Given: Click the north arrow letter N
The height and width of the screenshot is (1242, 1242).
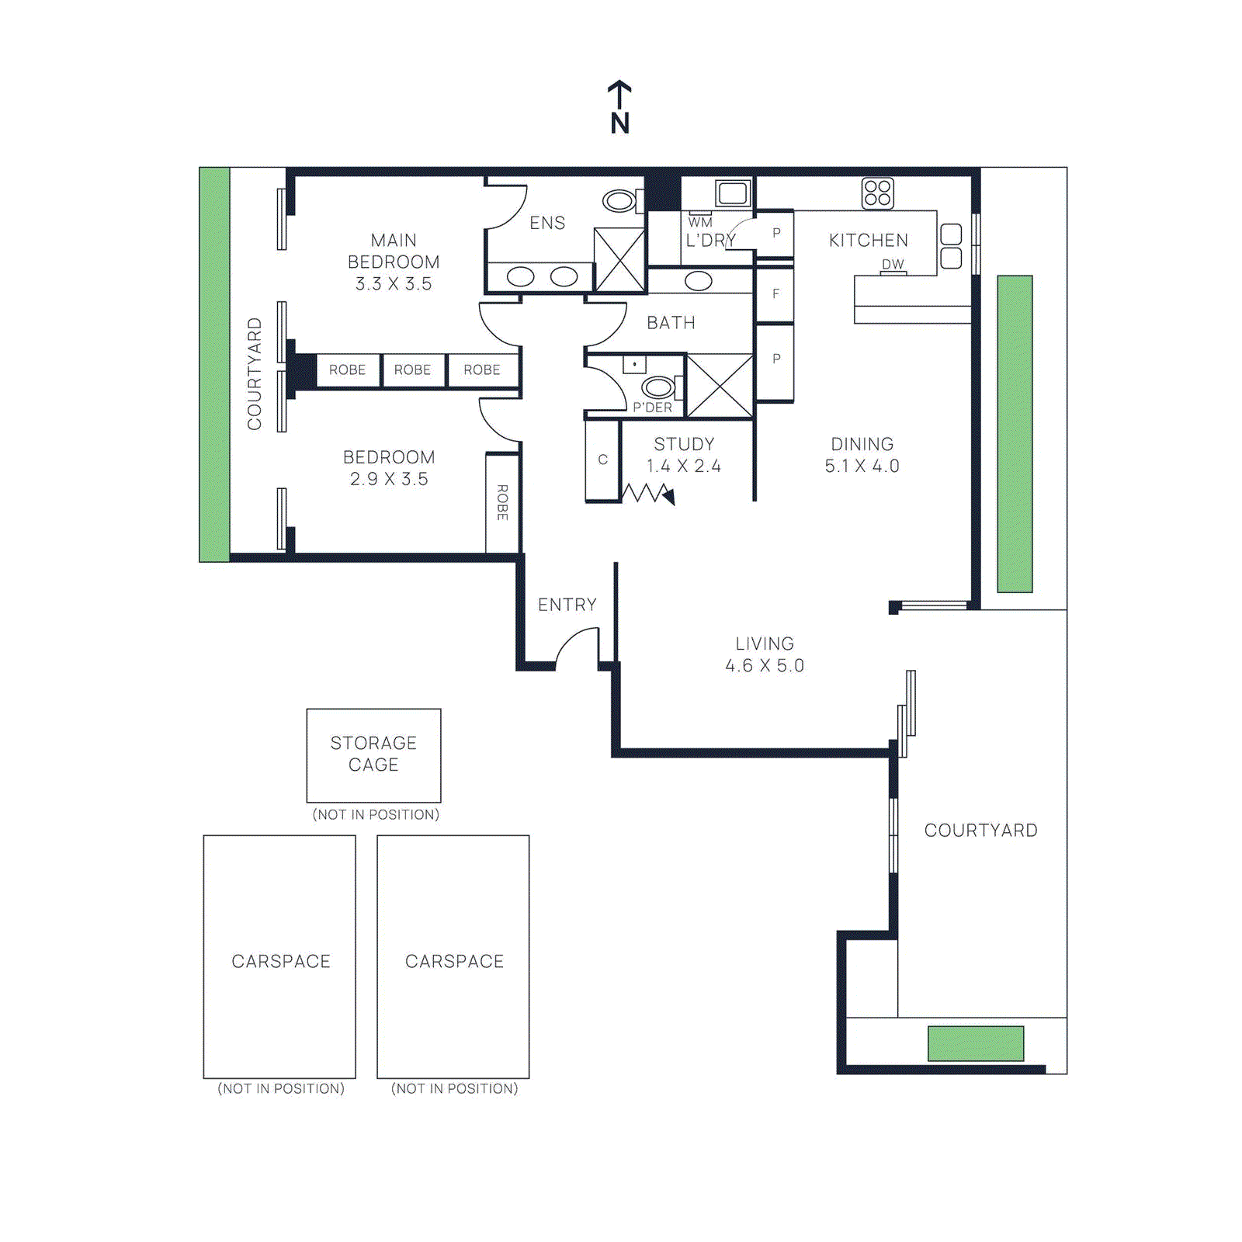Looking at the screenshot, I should point(619,123).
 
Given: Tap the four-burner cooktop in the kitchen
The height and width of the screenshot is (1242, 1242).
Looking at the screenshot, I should point(877,193).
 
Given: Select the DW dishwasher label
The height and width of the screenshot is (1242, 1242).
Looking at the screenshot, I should point(893,264).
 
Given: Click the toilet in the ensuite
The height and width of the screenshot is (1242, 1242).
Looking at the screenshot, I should point(620,201).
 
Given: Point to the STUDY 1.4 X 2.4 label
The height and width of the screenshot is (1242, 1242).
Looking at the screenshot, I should point(683,455).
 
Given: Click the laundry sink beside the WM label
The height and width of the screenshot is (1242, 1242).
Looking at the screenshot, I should point(732,193).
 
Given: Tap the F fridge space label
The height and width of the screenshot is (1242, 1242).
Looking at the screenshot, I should point(775,294).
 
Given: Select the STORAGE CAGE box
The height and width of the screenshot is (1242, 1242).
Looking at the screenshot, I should point(373,755).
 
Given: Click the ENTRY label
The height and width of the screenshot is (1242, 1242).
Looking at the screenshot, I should point(567,605).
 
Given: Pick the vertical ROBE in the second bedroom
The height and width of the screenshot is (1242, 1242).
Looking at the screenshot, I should point(502,502).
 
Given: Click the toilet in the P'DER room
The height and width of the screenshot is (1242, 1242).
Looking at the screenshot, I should point(659,387).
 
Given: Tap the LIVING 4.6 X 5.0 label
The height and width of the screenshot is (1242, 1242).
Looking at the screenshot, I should point(765,654).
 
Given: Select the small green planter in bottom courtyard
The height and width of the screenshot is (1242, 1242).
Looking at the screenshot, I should point(976,1043).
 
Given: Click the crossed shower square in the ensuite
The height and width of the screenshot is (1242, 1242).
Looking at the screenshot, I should point(619,260).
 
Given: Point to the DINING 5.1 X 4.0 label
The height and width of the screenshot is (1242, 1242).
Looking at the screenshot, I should point(862,455).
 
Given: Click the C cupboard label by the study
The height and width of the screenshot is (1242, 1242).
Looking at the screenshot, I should point(602,460).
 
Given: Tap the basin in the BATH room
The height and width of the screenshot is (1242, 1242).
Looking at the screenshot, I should point(698,281).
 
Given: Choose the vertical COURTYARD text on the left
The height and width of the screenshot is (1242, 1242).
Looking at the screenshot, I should point(255,373).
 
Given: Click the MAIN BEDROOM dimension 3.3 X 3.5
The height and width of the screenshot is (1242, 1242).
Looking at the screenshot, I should point(394,284).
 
